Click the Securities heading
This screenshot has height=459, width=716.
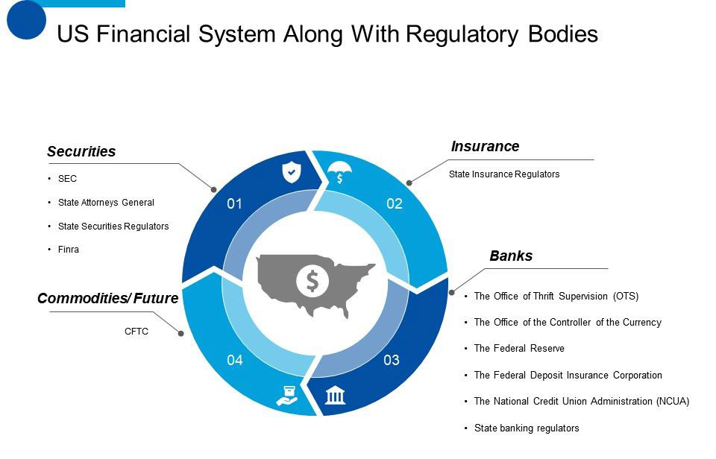[x=81, y=152]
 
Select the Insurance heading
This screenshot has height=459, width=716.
[x=485, y=147]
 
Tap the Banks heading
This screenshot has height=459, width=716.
[x=511, y=256]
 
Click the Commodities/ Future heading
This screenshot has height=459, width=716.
[x=107, y=299]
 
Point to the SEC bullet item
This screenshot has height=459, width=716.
[x=67, y=179]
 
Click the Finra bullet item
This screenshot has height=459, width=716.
[x=68, y=250]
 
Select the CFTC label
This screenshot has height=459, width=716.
[x=136, y=332]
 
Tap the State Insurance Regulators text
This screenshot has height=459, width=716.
[x=504, y=174]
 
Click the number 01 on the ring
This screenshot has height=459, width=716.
[x=235, y=203]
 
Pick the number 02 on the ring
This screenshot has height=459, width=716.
[x=395, y=203]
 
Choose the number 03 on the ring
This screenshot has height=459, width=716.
[x=392, y=361]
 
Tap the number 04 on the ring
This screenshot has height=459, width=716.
[x=235, y=361]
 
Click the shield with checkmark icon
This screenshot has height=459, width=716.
[x=291, y=173]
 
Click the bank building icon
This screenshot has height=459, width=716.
[x=336, y=394]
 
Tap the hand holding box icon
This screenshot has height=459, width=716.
[x=287, y=394]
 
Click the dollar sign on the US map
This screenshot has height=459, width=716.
[x=313, y=280]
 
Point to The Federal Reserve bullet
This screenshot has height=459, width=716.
[x=519, y=349]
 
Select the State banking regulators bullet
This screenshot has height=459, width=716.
[x=527, y=428]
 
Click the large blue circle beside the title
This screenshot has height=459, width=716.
[x=27, y=20]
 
